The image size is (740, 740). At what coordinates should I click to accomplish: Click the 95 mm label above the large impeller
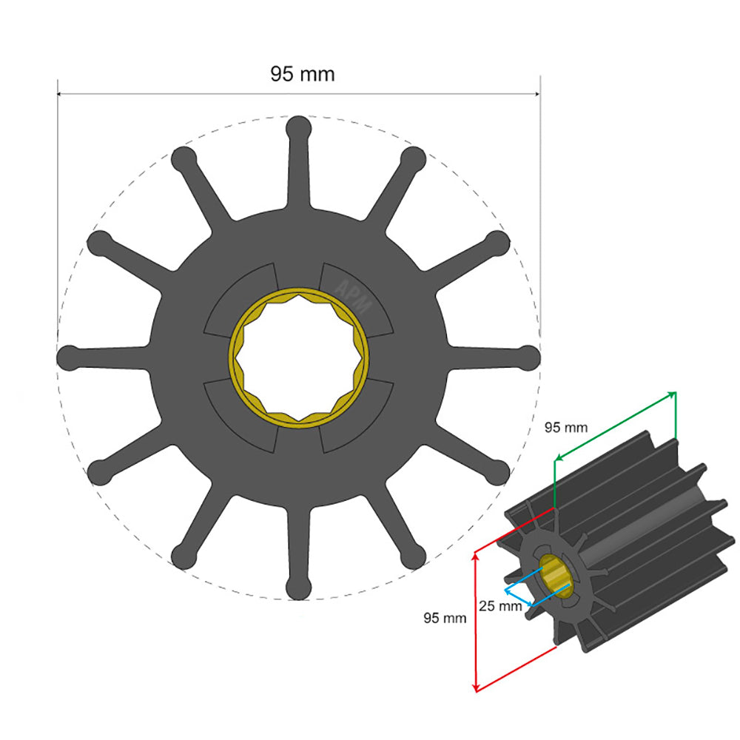point(302,74)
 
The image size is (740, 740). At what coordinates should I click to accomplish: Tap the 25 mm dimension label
point(500,605)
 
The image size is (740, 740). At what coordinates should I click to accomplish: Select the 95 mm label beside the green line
point(566,428)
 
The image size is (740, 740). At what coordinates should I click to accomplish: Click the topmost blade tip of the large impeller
point(298,127)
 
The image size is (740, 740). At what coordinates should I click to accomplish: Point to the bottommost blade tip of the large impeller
point(298,588)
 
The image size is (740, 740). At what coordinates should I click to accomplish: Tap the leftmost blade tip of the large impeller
point(69,357)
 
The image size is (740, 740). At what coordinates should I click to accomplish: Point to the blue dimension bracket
point(518,596)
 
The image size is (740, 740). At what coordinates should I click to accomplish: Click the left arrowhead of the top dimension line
point(61,94)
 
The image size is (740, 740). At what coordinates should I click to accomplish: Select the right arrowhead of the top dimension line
point(536,94)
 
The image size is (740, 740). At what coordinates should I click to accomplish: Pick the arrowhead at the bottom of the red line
point(476,687)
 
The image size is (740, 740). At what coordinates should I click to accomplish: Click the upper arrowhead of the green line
point(673,393)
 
